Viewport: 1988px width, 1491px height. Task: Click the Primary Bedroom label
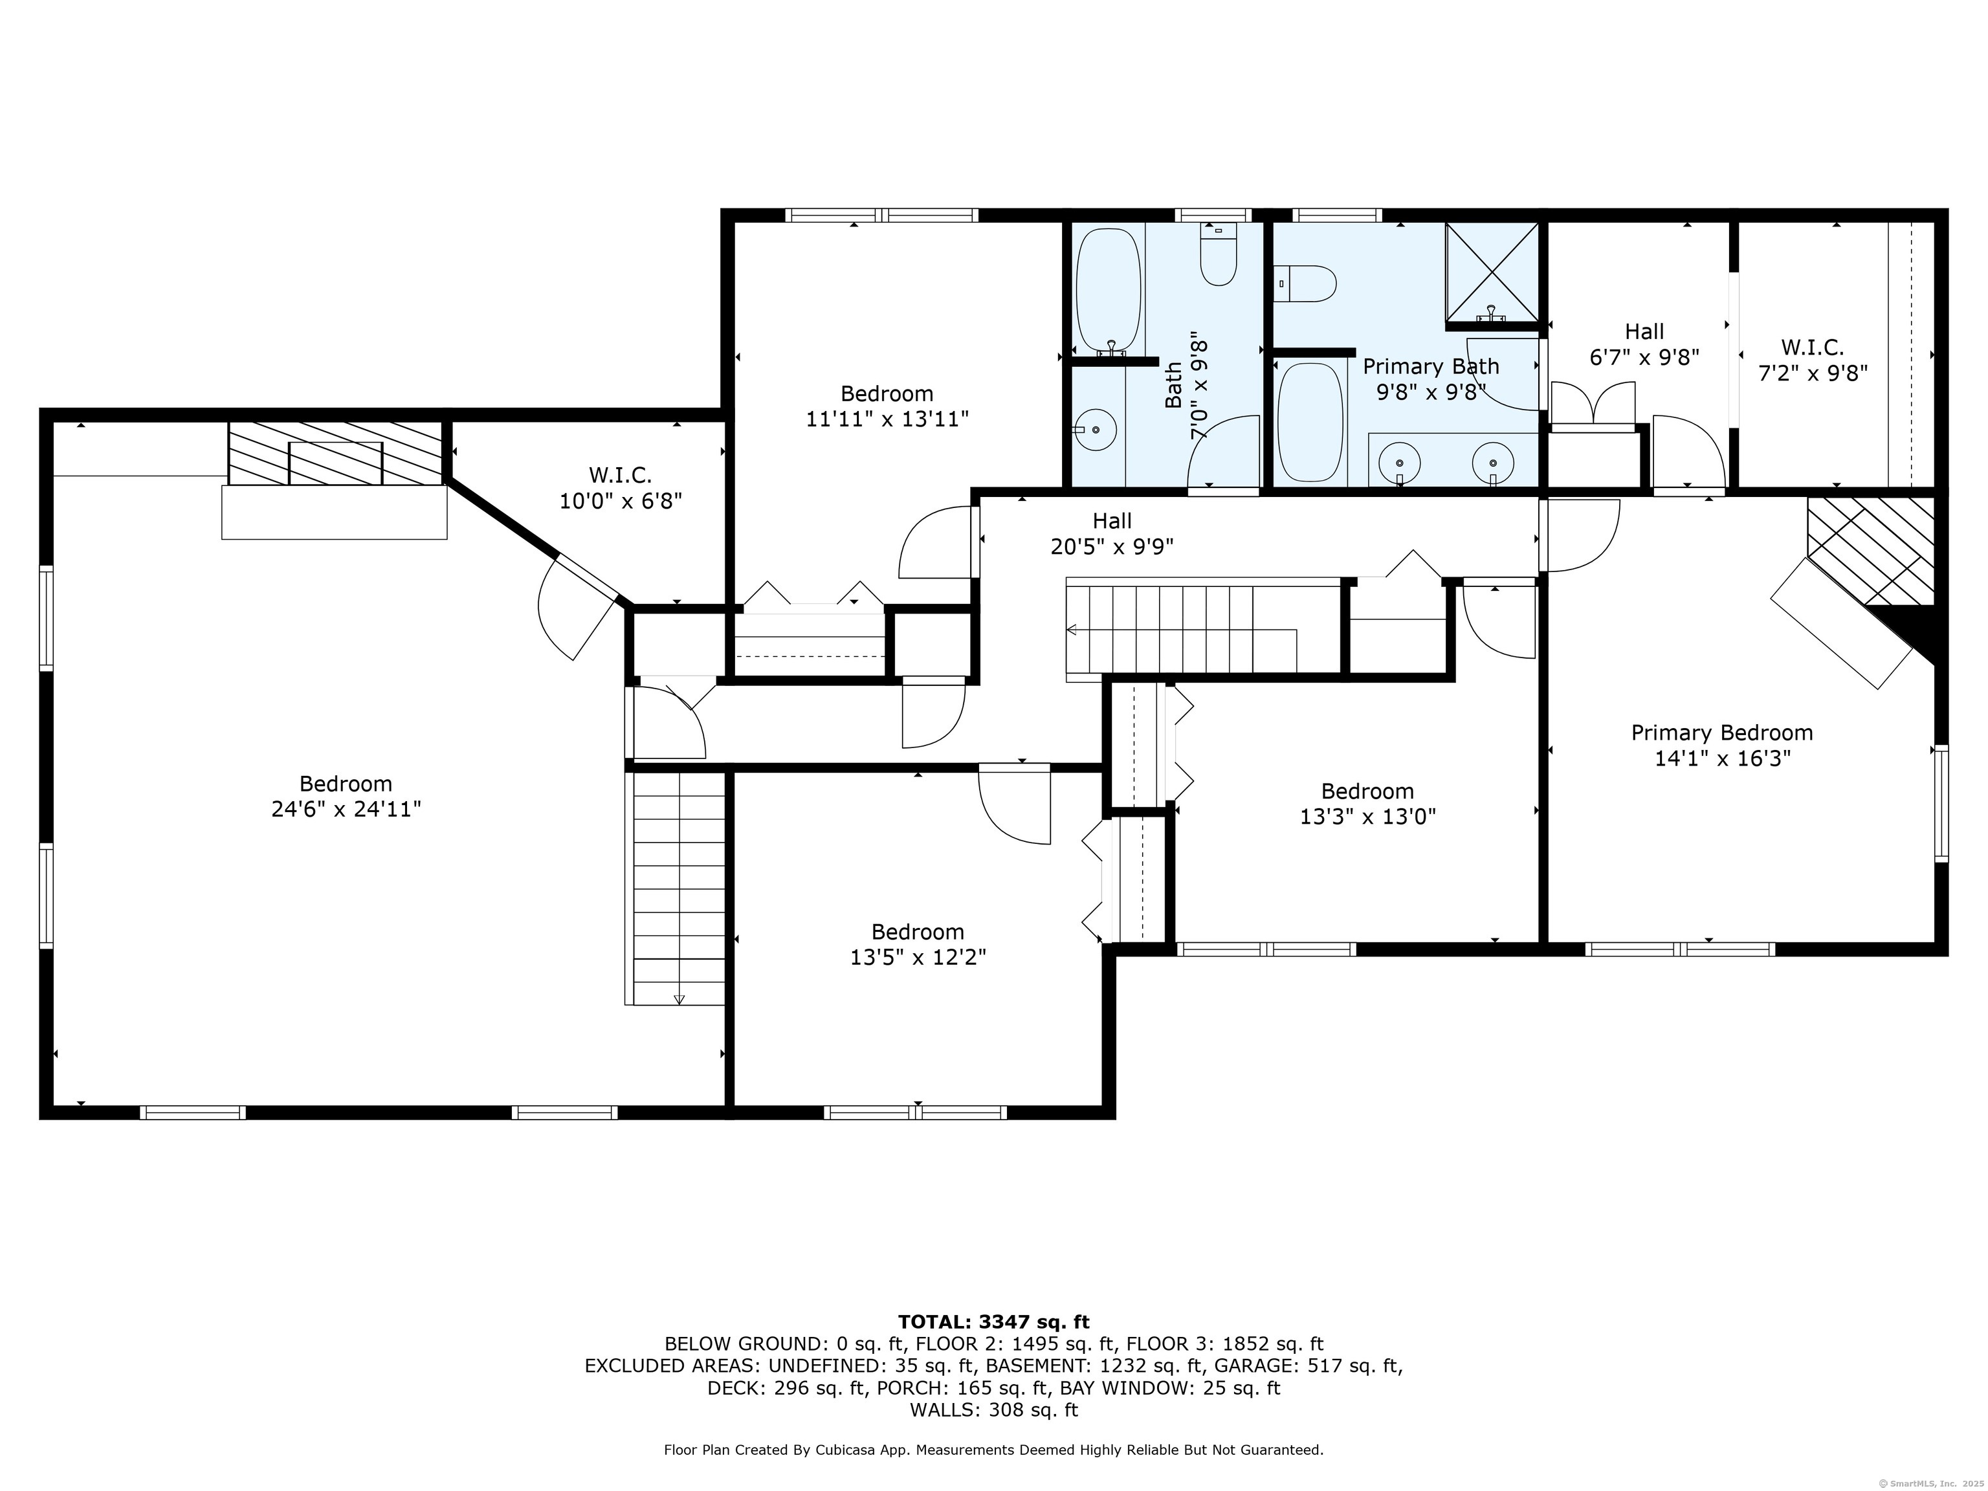tap(1721, 733)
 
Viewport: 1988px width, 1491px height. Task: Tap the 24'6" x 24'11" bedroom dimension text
tap(346, 809)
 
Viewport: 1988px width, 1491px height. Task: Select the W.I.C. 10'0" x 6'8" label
tap(620, 488)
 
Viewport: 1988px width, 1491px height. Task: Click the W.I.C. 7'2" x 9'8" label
tap(1813, 360)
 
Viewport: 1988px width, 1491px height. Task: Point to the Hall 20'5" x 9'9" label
tap(1112, 534)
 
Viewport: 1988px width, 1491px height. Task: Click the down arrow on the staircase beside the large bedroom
tap(679, 998)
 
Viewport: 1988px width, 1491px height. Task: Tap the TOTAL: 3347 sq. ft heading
tap(993, 1322)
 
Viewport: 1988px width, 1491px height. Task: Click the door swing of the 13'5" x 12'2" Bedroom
tap(1015, 807)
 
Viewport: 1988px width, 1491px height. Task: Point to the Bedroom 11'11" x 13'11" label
tap(887, 406)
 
